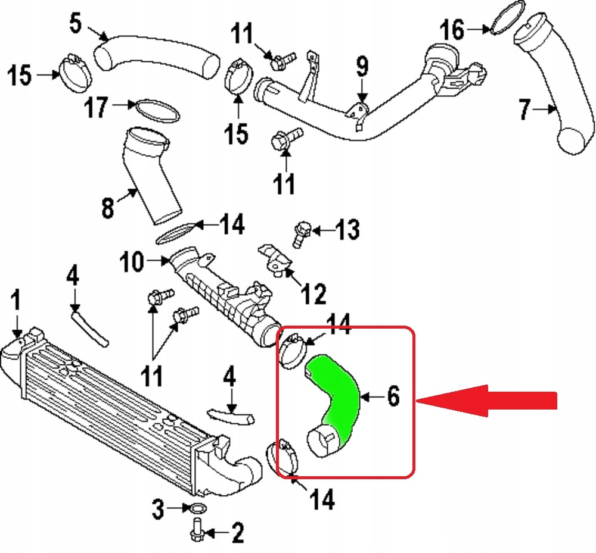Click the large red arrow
486,401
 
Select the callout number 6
393,396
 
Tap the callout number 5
76,23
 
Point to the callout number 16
452,30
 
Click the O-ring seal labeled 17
157,111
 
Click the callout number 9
362,67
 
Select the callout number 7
525,110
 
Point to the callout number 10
132,261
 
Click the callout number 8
108,208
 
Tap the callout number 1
15,300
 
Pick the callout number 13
347,230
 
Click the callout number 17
96,107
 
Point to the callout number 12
313,293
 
